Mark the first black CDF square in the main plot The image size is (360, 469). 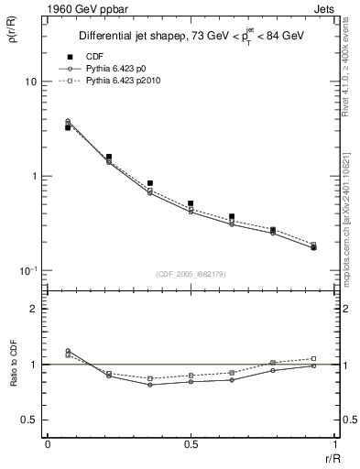click(69, 127)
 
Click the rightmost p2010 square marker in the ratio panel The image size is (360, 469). click(313, 359)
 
